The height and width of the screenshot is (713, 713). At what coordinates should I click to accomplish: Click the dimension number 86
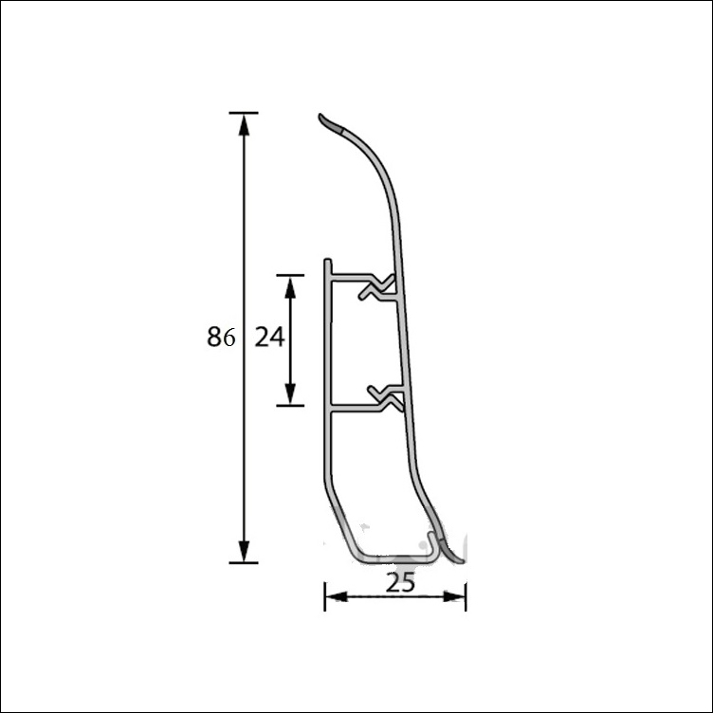pos(221,337)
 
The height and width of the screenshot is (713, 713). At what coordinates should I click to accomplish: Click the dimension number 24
pos(269,337)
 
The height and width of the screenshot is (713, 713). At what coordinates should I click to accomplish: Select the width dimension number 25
pos(400,582)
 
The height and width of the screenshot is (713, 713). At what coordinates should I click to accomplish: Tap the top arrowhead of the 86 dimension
pos(245,124)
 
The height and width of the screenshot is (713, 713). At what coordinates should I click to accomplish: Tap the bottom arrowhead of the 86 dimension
pos(245,551)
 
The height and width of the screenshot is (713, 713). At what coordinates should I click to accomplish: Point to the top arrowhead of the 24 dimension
pos(290,287)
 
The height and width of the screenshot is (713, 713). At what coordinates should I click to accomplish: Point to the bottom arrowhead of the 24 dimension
pos(290,393)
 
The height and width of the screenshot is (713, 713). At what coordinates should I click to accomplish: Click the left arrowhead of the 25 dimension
pos(337,596)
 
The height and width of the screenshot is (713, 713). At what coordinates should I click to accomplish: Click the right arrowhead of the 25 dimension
pos(454,596)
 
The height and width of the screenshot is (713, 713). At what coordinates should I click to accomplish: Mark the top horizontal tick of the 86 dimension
pos(244,112)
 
